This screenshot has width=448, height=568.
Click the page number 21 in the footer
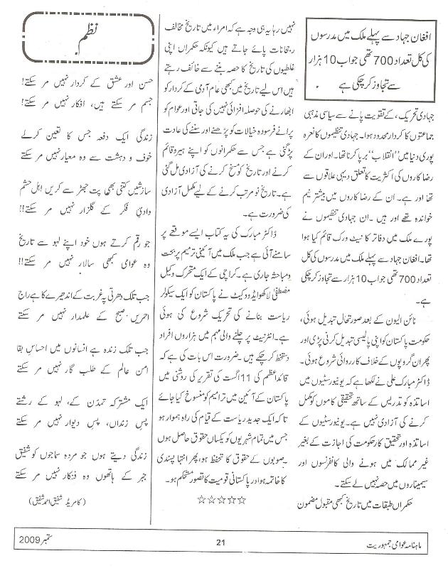220,543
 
